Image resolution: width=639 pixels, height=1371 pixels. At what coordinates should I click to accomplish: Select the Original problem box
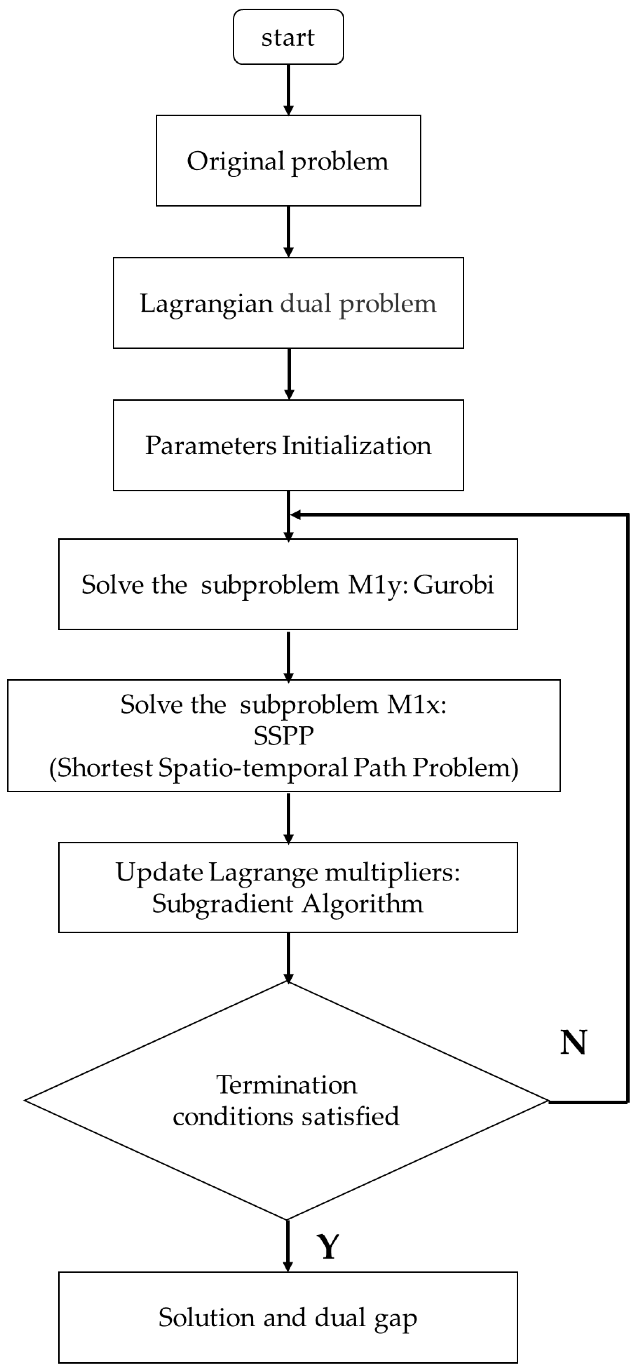(x=289, y=161)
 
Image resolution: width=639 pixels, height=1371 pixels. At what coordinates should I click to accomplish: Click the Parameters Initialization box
(x=289, y=446)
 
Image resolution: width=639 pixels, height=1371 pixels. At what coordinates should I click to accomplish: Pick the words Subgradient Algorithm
(x=287, y=904)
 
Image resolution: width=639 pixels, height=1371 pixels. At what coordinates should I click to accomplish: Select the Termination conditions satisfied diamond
(x=286, y=1100)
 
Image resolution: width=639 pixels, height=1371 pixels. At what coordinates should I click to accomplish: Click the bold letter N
(x=573, y=1042)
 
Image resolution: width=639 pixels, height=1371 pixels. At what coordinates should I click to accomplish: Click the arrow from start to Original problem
(x=289, y=89)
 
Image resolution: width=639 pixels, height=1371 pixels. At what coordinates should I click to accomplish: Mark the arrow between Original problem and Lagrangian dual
(x=289, y=232)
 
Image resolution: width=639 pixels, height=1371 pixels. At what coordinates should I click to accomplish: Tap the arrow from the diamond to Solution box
(x=288, y=1245)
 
